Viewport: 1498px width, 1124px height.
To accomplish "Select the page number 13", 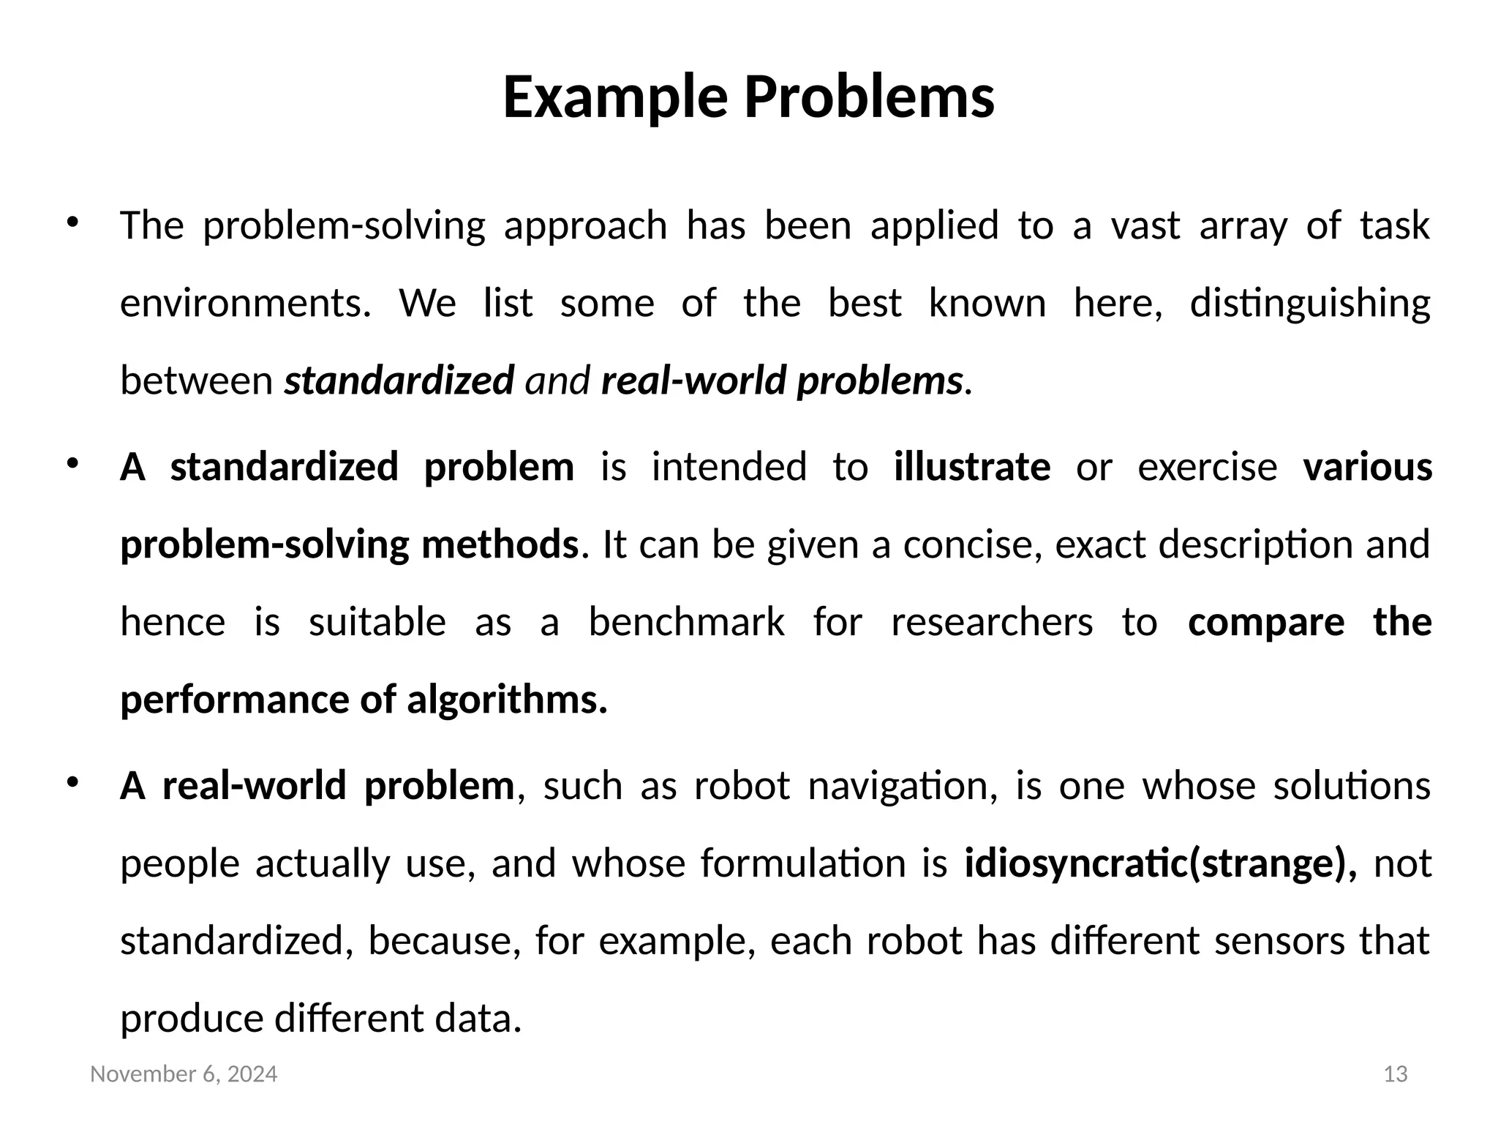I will click(1396, 1074).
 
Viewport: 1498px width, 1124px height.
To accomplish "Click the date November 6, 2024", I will click(184, 1074).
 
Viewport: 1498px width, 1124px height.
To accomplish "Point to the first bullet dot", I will click(72, 222).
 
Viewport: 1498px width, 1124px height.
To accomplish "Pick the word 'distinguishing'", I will click(1309, 304).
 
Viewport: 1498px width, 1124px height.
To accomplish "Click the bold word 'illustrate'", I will click(972, 467).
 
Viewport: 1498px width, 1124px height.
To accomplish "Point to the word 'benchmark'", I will click(686, 623).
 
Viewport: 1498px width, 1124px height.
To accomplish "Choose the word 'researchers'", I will click(992, 623).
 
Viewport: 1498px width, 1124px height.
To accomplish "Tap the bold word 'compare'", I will click(1266, 623).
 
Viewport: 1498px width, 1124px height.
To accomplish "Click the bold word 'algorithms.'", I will click(507, 700).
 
